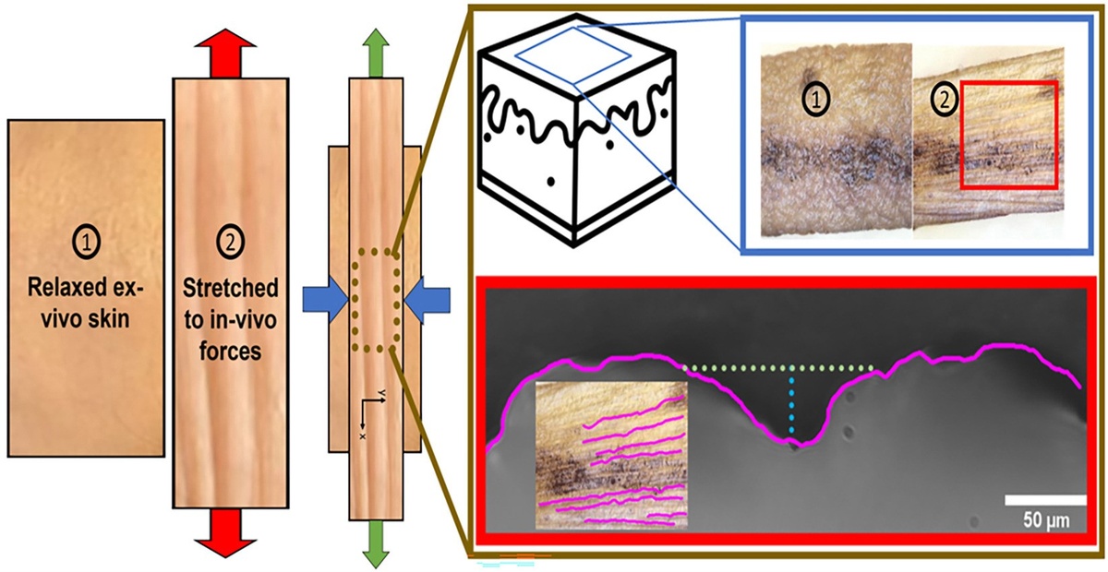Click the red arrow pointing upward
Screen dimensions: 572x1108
[226, 58]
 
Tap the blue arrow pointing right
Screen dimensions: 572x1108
[322, 300]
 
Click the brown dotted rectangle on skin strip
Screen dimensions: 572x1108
[374, 300]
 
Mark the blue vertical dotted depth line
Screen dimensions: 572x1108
[792, 406]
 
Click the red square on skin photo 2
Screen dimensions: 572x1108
[1009, 134]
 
